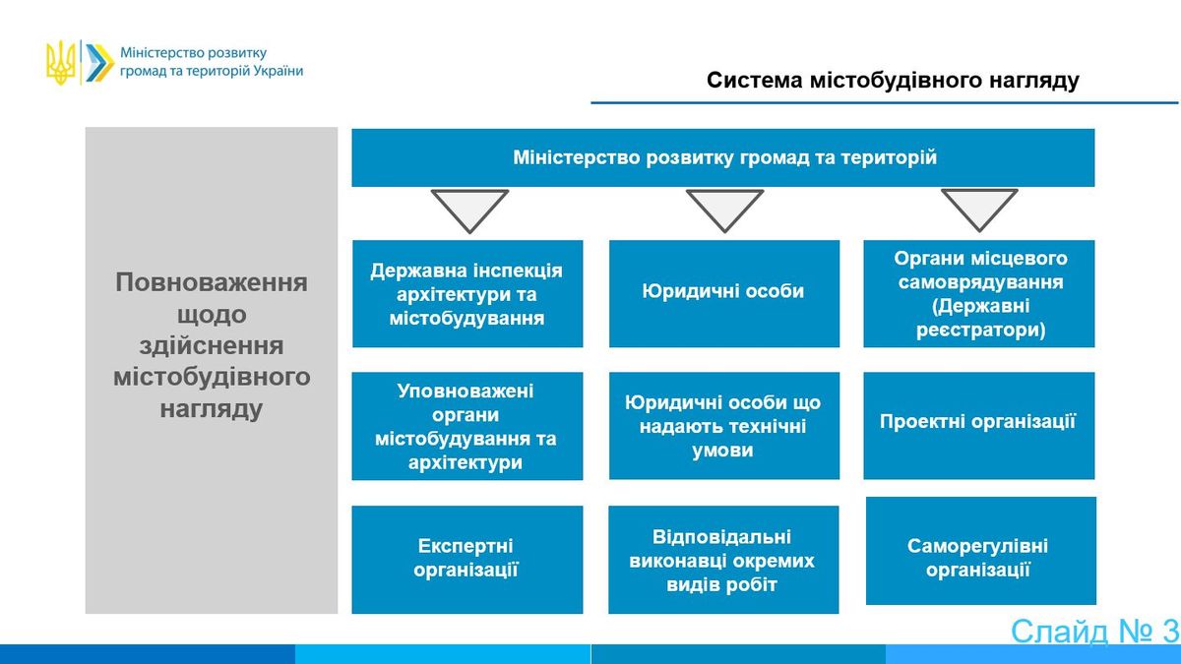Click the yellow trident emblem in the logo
coord(61,63)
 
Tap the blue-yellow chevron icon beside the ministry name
coord(99,63)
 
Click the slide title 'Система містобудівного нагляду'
coord(893,81)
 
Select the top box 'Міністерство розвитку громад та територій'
coord(722,157)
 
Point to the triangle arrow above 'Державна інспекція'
coord(469,210)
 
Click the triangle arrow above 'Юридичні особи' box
coord(724,210)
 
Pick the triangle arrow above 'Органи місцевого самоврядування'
coord(979,209)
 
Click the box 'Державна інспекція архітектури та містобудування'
coord(467,293)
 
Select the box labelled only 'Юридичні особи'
coord(724,293)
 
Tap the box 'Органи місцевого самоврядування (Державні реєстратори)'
coord(978,293)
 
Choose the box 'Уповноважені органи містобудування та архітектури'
coord(467,426)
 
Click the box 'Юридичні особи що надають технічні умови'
coord(724,426)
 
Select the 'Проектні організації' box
coord(978,426)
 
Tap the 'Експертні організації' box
coord(467,560)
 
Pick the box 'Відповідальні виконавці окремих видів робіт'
coord(723,560)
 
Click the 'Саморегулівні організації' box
coord(980,551)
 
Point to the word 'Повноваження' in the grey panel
coord(212,282)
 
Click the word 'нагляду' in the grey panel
coord(212,409)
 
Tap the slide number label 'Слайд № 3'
coord(1094,632)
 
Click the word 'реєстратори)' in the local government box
coord(980,331)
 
